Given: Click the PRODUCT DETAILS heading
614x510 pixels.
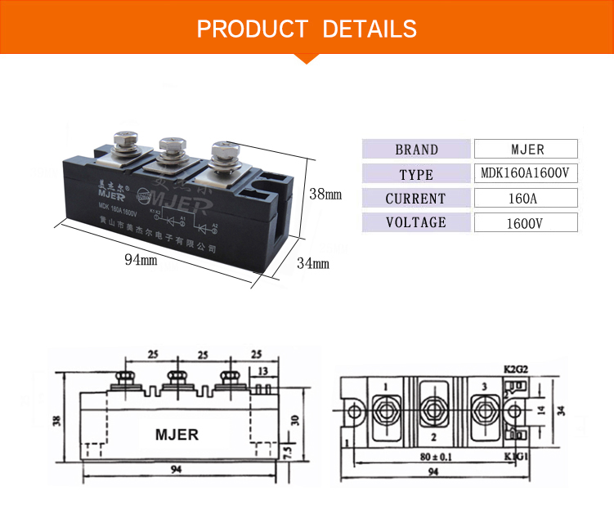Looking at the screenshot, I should tap(307, 29).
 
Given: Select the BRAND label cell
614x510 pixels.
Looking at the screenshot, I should tap(417, 150).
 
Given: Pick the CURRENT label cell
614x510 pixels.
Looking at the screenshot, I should tap(417, 198).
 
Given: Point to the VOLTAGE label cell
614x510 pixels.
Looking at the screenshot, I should tap(417, 222).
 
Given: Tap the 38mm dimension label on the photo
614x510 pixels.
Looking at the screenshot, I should tap(325, 195).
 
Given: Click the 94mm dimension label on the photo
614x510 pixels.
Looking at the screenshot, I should tap(141, 260).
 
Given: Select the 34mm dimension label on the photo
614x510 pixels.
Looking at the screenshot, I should tap(312, 263).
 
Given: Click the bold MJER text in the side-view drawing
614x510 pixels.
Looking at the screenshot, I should tap(177, 434).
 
